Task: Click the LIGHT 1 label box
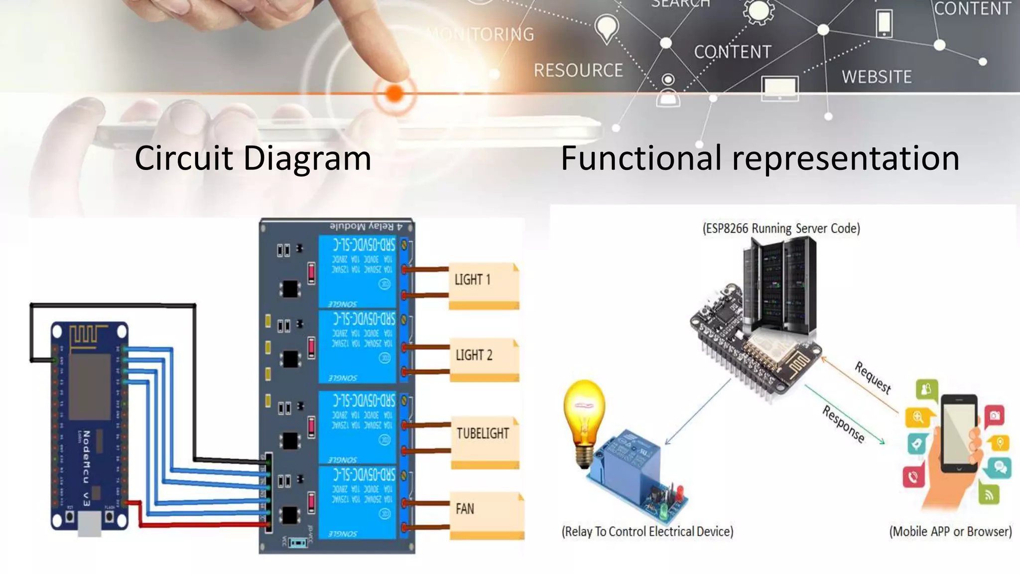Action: click(x=483, y=284)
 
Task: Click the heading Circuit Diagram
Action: click(x=253, y=158)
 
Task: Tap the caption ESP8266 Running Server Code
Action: click(x=781, y=229)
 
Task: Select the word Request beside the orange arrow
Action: click(x=873, y=377)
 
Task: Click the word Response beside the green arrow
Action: click(x=843, y=424)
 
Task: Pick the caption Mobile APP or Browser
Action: click(x=950, y=532)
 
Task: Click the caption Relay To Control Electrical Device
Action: click(x=647, y=532)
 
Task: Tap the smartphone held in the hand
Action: click(x=959, y=433)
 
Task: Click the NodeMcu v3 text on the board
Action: click(x=86, y=468)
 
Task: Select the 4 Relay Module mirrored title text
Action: click(x=366, y=227)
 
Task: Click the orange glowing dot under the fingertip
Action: click(x=394, y=93)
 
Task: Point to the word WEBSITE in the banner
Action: click(x=877, y=77)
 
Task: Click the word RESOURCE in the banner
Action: click(x=578, y=70)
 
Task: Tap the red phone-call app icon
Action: click(x=913, y=477)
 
